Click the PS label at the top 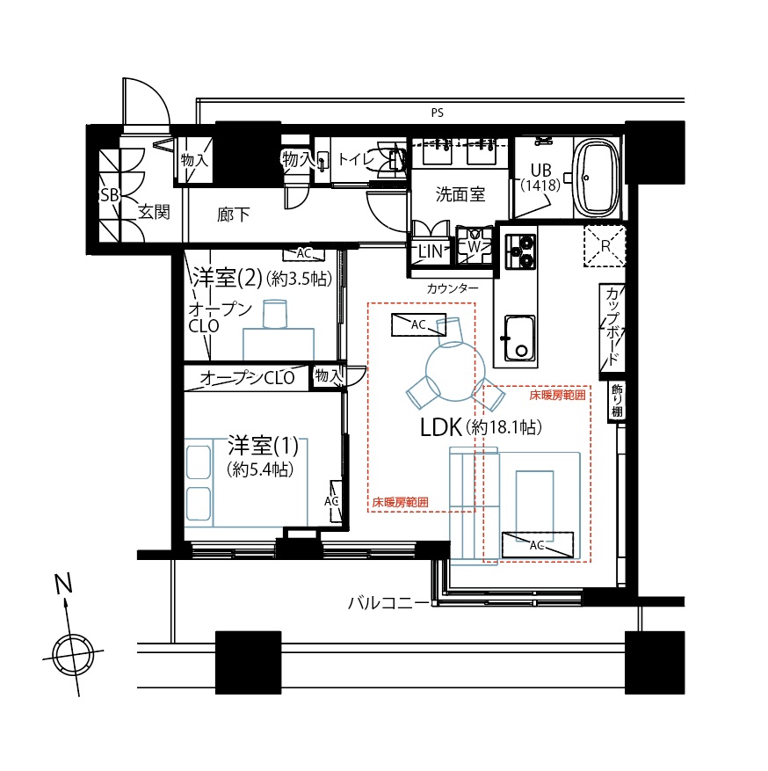[x=437, y=113]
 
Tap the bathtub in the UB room [x=597, y=178]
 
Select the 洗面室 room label [x=460, y=194]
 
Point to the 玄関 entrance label [x=154, y=212]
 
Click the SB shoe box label [x=110, y=195]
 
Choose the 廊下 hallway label [x=234, y=215]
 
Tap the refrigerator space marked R [x=605, y=246]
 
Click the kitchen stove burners [x=521, y=251]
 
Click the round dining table [x=452, y=371]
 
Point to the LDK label [x=441, y=427]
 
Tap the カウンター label [x=452, y=288]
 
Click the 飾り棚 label [x=617, y=401]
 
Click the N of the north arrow [x=63, y=583]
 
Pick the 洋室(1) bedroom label [x=264, y=446]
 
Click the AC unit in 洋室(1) [x=336, y=501]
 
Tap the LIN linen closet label [x=431, y=251]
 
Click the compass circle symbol [x=74, y=655]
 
